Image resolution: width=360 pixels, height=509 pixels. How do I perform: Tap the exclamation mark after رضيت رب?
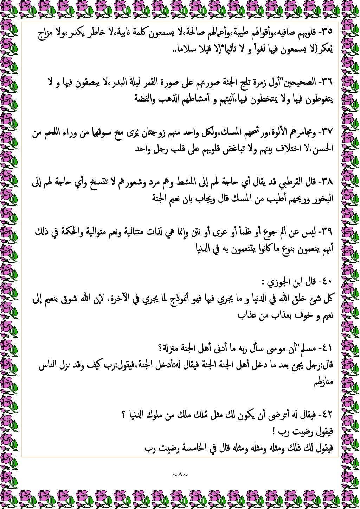point(274,432)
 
